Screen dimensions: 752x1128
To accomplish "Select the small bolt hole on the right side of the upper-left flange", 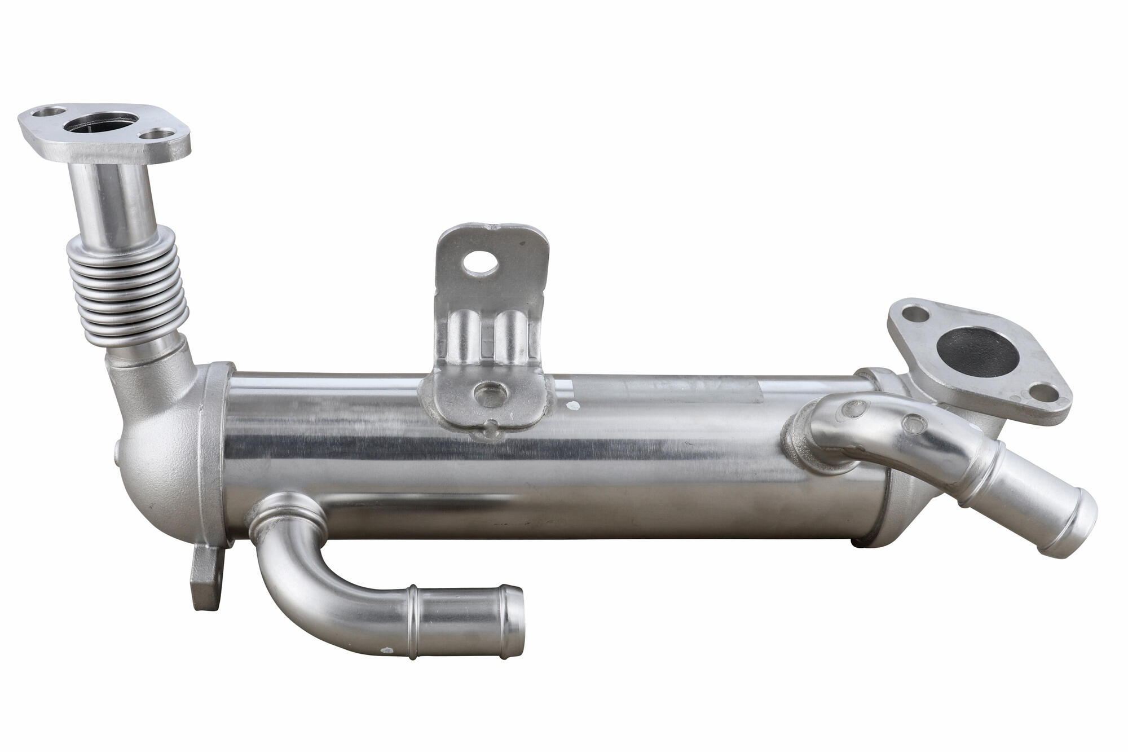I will pyautogui.click(x=159, y=136).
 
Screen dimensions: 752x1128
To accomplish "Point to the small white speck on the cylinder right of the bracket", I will pyautogui.click(x=574, y=406).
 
